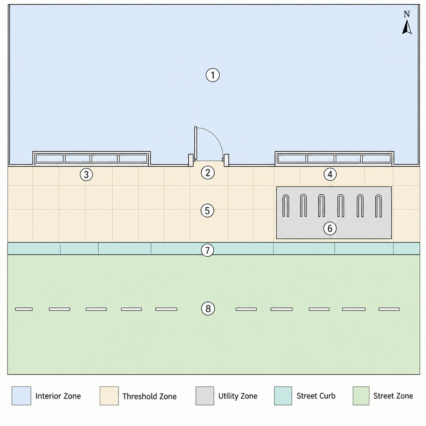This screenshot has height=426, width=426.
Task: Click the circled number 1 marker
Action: pyautogui.click(x=213, y=75)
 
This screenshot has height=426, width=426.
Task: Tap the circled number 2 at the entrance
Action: pyautogui.click(x=208, y=173)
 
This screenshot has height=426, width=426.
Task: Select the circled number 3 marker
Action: pyautogui.click(x=86, y=174)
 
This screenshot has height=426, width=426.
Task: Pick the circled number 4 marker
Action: pyautogui.click(x=330, y=174)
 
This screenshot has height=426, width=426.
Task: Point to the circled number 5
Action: pyautogui.click(x=207, y=211)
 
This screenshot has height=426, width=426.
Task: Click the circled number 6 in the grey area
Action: pyautogui.click(x=330, y=228)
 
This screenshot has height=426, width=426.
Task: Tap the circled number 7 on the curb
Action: pyautogui.click(x=207, y=250)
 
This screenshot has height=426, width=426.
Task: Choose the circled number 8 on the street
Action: pyautogui.click(x=208, y=309)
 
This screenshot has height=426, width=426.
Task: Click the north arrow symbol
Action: pyautogui.click(x=407, y=27)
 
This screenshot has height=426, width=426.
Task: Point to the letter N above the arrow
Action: pyautogui.click(x=407, y=14)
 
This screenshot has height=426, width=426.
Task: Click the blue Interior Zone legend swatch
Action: pyautogui.click(x=21, y=396)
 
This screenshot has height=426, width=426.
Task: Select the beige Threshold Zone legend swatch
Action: pyautogui.click(x=109, y=396)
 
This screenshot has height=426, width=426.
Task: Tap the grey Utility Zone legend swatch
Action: pyautogui.click(x=205, y=396)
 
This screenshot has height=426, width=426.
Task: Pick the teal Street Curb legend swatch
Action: pyautogui.click(x=283, y=396)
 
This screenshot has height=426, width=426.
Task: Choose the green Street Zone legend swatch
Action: pyautogui.click(x=361, y=396)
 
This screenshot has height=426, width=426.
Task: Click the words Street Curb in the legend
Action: pyautogui.click(x=316, y=396)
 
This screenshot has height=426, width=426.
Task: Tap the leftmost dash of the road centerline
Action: pyautogui.click(x=24, y=309)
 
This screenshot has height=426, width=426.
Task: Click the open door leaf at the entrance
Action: pyautogui.click(x=196, y=143)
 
